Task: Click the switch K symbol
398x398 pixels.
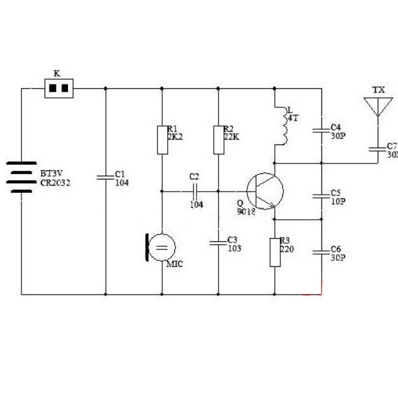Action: coord(59,89)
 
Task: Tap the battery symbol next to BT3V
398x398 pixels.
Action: coord(21,177)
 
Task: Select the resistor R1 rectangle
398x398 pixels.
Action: coord(162,140)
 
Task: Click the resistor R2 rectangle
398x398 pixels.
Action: coord(218,140)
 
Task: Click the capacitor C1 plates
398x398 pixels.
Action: coord(106,177)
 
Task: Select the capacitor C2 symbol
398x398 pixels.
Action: coord(195,191)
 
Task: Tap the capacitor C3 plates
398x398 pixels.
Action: coord(218,243)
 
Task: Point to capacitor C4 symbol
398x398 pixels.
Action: coord(321,130)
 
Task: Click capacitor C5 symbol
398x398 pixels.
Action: coord(321,196)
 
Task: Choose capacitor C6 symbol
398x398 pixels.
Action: coord(321,252)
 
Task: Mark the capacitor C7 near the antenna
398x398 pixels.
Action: coord(378,149)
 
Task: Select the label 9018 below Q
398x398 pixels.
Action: coord(246,212)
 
